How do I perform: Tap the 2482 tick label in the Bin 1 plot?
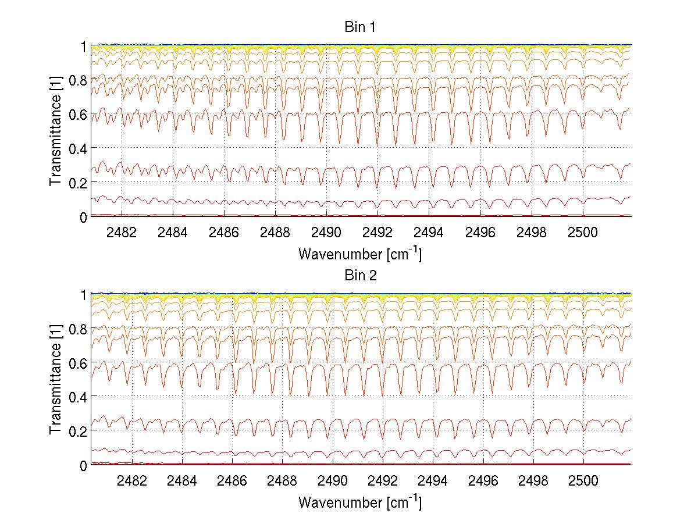coord(121,233)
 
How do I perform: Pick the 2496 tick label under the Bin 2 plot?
coord(483,481)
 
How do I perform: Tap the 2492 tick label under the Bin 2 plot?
coord(383,481)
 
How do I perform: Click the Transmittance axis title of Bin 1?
coord(56,131)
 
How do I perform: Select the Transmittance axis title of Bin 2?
coord(56,379)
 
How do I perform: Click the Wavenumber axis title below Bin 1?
coord(360,254)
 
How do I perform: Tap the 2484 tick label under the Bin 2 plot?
coord(183,481)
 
